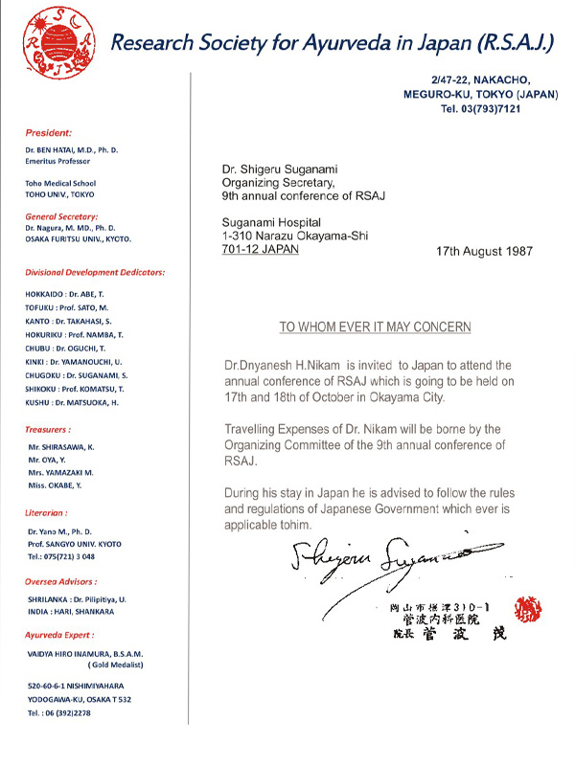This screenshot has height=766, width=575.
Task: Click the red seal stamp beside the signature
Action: click(x=528, y=609)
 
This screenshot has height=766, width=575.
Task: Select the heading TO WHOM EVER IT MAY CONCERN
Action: click(x=376, y=327)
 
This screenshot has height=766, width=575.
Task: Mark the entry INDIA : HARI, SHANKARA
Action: click(x=72, y=611)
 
